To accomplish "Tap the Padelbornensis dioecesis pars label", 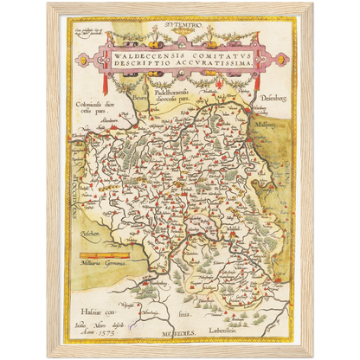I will coord(181,100).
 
